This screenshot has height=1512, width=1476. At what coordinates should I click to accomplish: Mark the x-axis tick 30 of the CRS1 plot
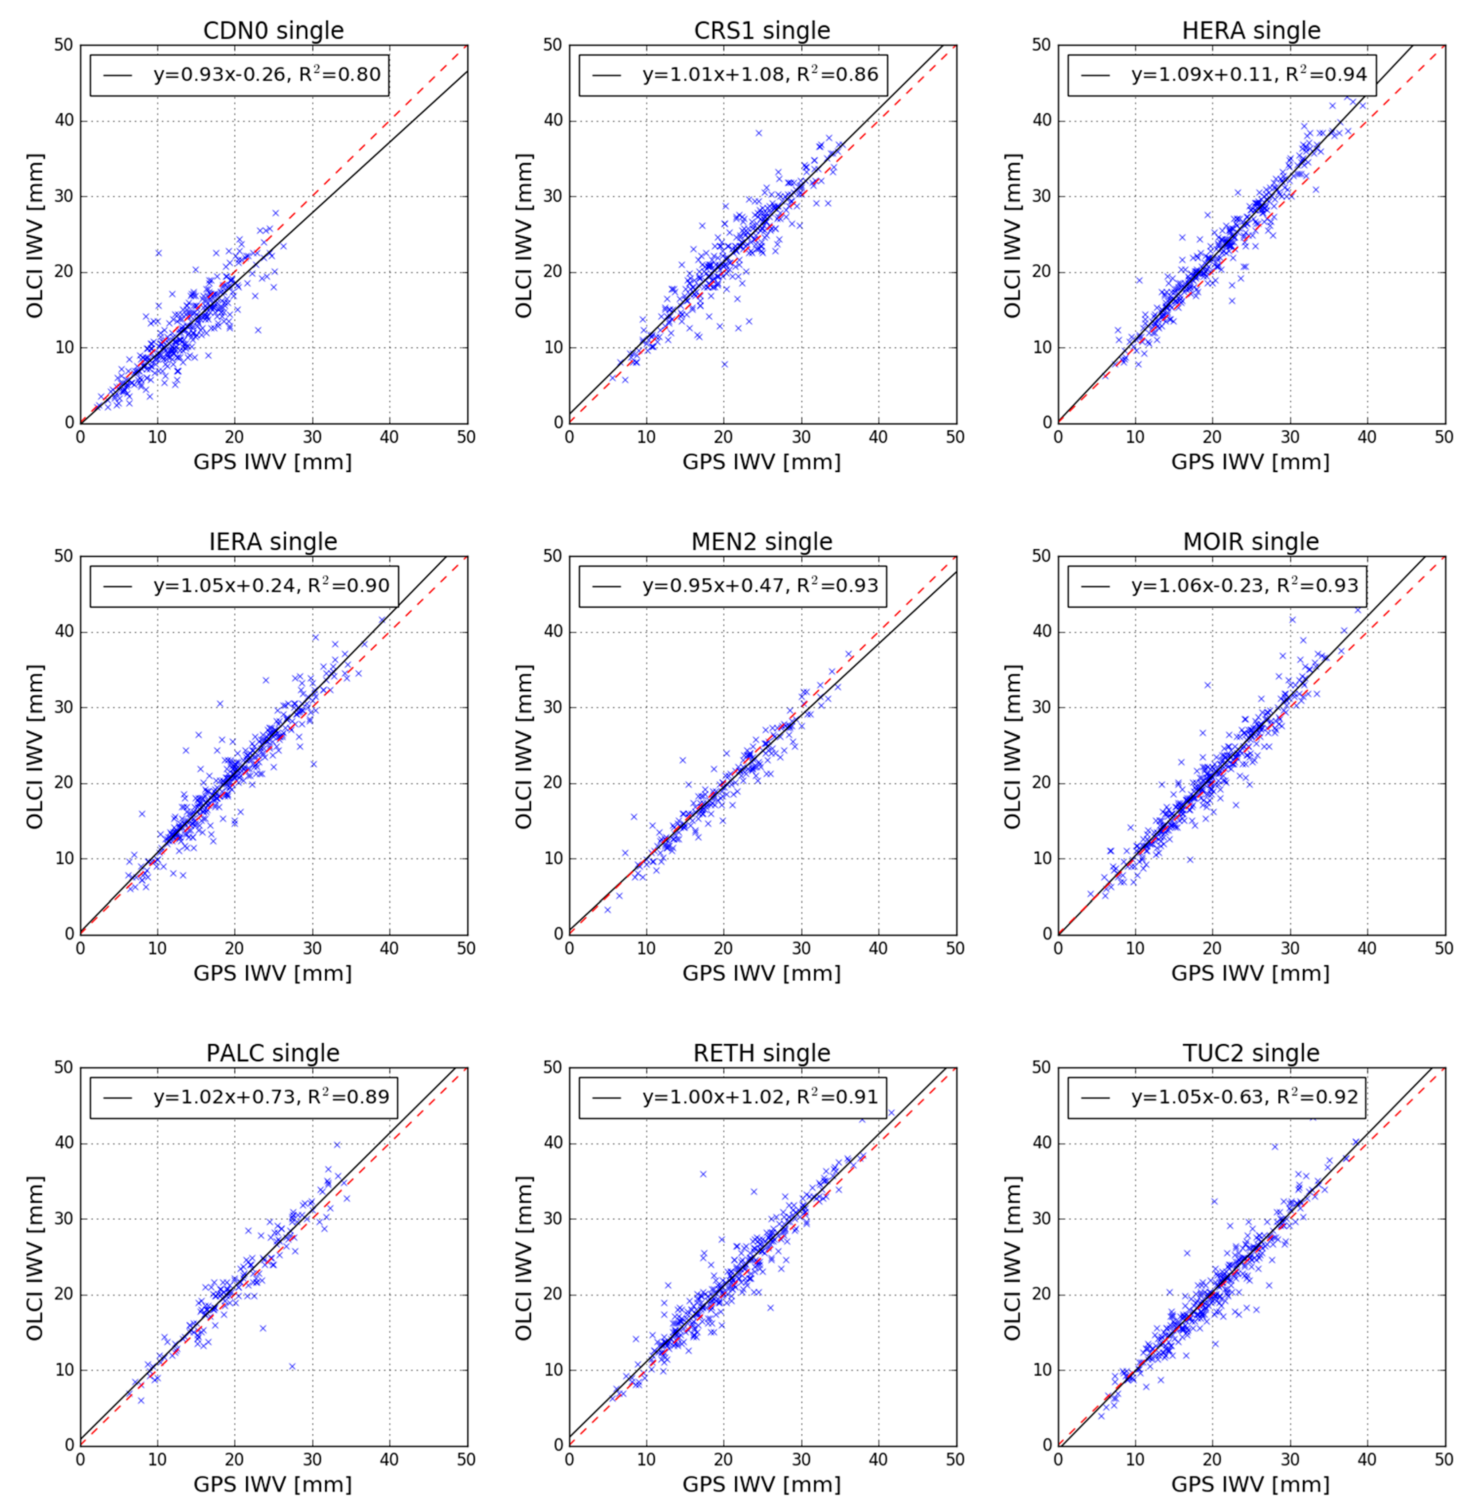click(x=801, y=437)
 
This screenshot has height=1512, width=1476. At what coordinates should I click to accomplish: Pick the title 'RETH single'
click(x=761, y=1053)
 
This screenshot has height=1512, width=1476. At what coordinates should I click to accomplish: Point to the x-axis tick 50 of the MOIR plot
click(x=1443, y=948)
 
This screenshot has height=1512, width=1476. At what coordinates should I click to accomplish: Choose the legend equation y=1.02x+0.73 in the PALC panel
click(x=271, y=1097)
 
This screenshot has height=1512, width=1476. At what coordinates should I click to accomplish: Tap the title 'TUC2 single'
click(x=1250, y=1053)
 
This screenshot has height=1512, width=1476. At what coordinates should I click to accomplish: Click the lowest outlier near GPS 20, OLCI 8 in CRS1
click(x=724, y=364)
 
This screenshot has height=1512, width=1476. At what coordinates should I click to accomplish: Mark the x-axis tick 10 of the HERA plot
click(x=1135, y=437)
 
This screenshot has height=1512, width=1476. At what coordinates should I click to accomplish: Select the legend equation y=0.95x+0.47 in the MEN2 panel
click(x=760, y=585)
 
